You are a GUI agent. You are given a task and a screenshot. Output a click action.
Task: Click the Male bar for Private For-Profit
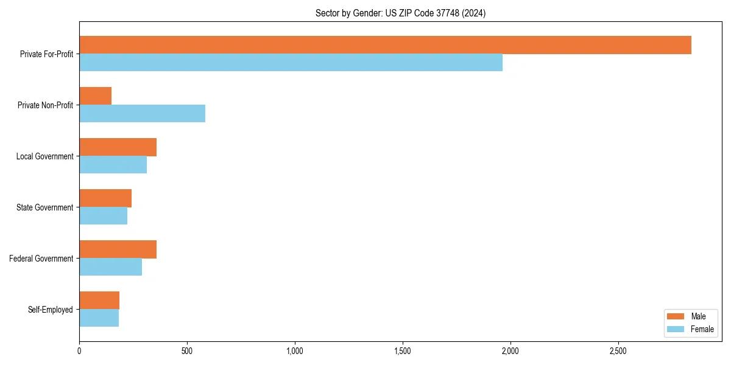385,45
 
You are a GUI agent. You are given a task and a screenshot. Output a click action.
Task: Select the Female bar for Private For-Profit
291,63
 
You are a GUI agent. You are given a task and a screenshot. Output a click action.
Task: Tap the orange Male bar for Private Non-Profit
95,96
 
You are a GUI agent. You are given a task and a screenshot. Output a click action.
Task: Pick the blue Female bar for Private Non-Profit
142,114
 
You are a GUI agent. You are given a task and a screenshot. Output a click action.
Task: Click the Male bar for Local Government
118,147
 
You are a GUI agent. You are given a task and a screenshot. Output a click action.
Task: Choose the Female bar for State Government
103,216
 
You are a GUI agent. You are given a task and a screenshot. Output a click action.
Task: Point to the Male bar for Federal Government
118,249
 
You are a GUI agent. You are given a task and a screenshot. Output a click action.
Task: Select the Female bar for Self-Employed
99,318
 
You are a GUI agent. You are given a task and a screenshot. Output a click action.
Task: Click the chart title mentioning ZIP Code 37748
400,13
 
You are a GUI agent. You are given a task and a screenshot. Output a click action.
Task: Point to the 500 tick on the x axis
187,351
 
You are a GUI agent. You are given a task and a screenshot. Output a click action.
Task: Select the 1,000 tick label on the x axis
295,351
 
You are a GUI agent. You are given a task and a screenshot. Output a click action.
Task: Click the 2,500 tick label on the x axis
618,351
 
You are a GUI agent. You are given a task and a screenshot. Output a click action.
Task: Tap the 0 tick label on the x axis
79,351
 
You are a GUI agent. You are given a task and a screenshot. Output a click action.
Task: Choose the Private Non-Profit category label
45,105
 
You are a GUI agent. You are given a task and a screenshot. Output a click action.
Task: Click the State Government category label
44,207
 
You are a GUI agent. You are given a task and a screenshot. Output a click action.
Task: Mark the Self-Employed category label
50,310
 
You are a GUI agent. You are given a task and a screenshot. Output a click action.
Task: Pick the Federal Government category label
41,259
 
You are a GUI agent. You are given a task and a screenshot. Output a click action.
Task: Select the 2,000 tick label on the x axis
510,351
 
